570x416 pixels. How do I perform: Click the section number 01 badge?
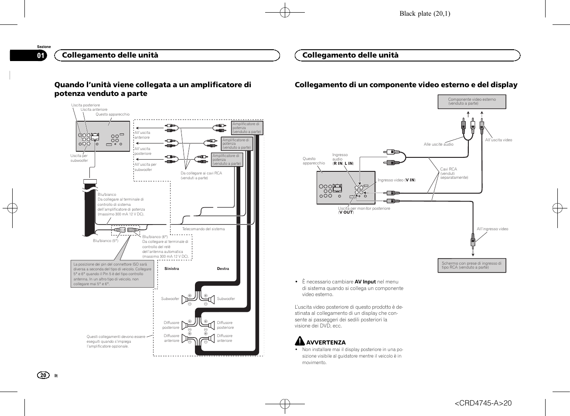[41, 55]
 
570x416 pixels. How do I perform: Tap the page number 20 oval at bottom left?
[43, 375]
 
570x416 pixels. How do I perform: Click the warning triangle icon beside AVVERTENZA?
[299, 341]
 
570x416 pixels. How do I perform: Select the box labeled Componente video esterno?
[472, 102]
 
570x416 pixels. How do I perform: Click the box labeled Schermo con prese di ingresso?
[471, 265]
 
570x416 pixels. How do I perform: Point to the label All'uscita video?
[498, 140]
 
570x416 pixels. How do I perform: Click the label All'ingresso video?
[492, 229]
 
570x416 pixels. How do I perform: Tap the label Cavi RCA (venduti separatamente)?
[454, 173]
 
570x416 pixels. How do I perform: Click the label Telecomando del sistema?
[203, 229]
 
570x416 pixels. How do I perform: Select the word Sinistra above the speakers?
[171, 269]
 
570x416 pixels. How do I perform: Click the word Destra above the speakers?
[223, 269]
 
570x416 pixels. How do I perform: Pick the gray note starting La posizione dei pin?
[113, 274]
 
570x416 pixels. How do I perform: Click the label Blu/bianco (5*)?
[106, 241]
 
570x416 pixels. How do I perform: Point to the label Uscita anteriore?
[94, 109]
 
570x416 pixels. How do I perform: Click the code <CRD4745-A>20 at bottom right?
[483, 403]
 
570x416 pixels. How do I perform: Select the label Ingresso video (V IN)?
[396, 180]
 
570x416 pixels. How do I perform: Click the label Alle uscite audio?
[438, 144]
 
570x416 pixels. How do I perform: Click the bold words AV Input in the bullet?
[365, 282]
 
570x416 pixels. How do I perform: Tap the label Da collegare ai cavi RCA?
[201, 173]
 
